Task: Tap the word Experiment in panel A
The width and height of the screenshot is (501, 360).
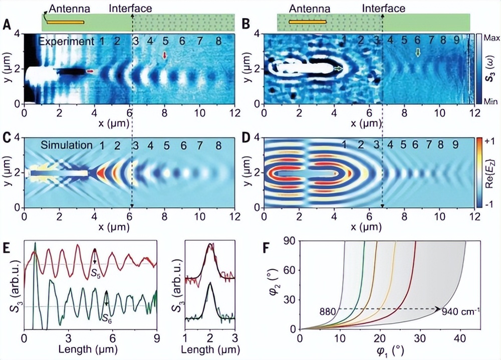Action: click(x=67, y=41)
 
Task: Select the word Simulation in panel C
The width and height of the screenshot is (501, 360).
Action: click(x=67, y=145)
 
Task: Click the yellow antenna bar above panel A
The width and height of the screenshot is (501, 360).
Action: click(x=66, y=22)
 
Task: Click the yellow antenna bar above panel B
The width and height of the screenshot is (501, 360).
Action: click(x=307, y=22)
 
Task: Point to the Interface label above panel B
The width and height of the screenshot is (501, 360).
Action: click(x=383, y=9)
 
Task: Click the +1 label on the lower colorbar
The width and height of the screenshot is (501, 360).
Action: click(x=491, y=143)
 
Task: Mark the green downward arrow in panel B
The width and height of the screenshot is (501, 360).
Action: click(x=418, y=52)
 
